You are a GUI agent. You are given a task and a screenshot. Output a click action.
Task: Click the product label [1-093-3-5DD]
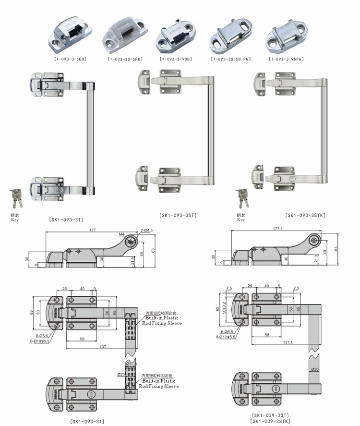click(70, 59)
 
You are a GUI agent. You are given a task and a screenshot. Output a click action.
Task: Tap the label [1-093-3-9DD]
click(176, 59)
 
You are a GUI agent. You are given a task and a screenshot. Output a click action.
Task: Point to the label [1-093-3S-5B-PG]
click(231, 59)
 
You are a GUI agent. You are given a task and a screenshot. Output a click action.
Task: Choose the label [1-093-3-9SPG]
click(287, 59)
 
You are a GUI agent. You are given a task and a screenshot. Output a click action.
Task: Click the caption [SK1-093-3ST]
click(178, 215)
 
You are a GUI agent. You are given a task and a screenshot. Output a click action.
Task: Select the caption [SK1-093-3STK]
click(305, 215)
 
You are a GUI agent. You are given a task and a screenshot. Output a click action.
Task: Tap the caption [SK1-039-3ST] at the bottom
click(270, 414)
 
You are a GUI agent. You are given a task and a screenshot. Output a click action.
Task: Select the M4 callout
click(121, 235)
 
